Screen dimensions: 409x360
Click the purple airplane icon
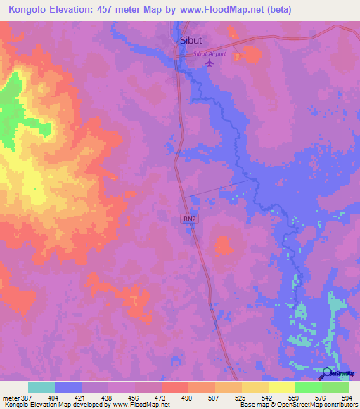pyautogui.click(x=209, y=63)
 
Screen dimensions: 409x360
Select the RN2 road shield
pyautogui.click(x=190, y=219)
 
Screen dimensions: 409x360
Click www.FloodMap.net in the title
pyautogui.click(x=219, y=10)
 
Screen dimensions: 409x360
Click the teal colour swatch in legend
pyautogui.click(x=41, y=387)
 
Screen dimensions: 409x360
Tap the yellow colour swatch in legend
pyautogui.click(x=282, y=387)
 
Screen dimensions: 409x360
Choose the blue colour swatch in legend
pyautogui.click(x=68, y=387)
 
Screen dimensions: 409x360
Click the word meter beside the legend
pyautogui.click(x=11, y=397)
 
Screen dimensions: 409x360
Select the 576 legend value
pyautogui.click(x=323, y=397)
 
